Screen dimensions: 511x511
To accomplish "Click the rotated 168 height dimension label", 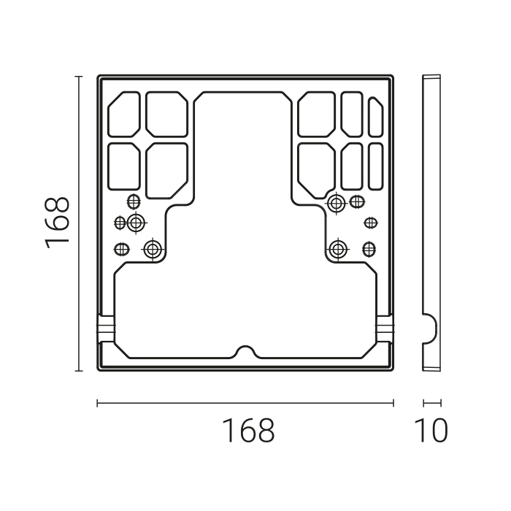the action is point(57,223).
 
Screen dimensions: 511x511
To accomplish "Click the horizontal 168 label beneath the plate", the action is point(249,431).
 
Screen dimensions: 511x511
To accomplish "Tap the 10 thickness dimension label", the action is point(431,431).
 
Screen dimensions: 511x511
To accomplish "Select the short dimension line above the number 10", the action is point(432,403).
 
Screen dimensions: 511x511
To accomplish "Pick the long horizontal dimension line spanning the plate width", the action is point(245,403).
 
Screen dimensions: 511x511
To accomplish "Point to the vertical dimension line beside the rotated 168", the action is point(79,223).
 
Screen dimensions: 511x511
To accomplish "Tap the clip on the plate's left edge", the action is point(106,328).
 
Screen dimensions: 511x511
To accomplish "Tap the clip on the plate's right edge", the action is point(385,328).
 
